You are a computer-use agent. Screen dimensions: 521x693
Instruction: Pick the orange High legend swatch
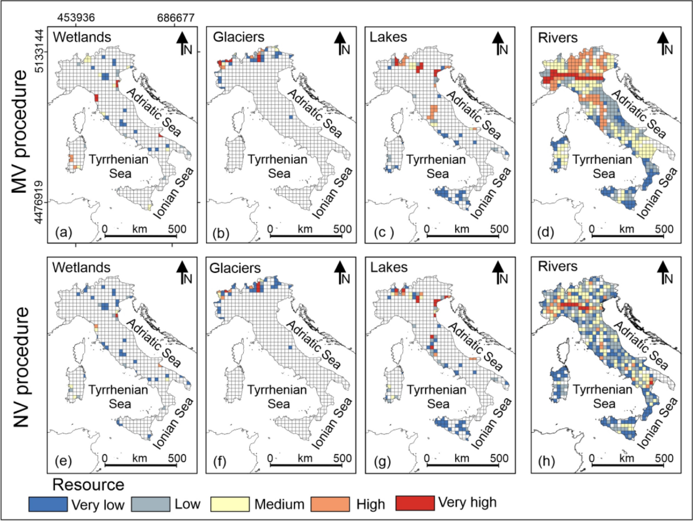point(333,504)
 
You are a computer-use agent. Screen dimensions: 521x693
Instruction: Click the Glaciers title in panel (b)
point(239,37)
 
